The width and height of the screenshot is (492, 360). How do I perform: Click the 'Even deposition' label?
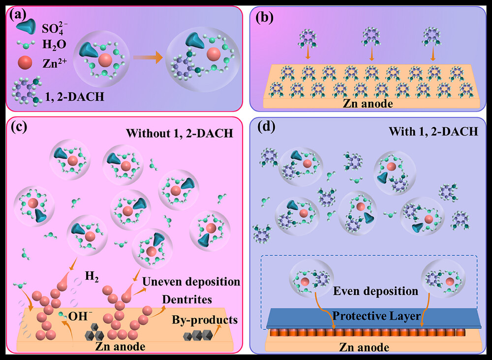pos(376,291)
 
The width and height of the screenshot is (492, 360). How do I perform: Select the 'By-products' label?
pos(204,320)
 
